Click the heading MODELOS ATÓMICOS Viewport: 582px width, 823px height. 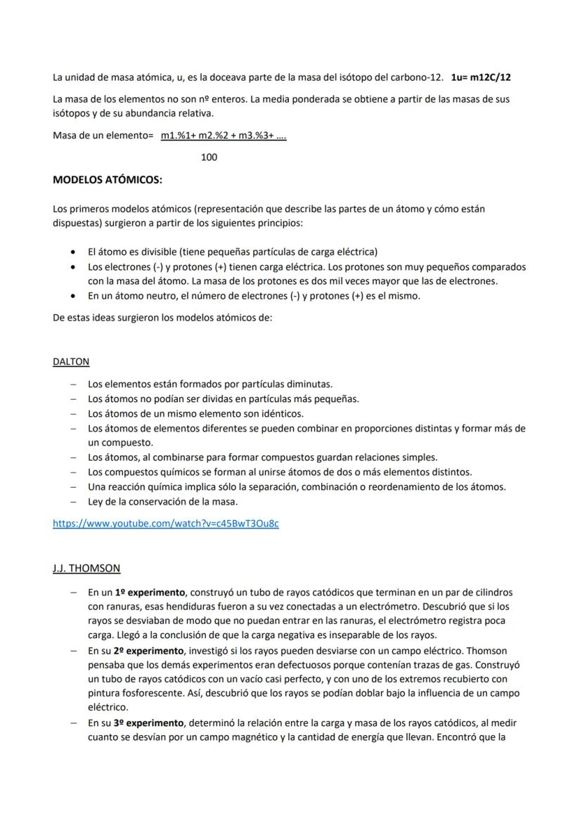click(x=108, y=180)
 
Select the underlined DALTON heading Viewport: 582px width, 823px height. click(x=71, y=362)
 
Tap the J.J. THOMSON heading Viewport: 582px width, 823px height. click(x=86, y=568)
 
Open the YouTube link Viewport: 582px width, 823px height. click(x=165, y=524)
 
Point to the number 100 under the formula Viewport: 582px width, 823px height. click(x=209, y=157)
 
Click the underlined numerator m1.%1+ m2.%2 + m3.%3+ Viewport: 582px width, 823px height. click(x=223, y=136)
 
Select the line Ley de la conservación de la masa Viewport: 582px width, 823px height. click(x=162, y=502)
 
